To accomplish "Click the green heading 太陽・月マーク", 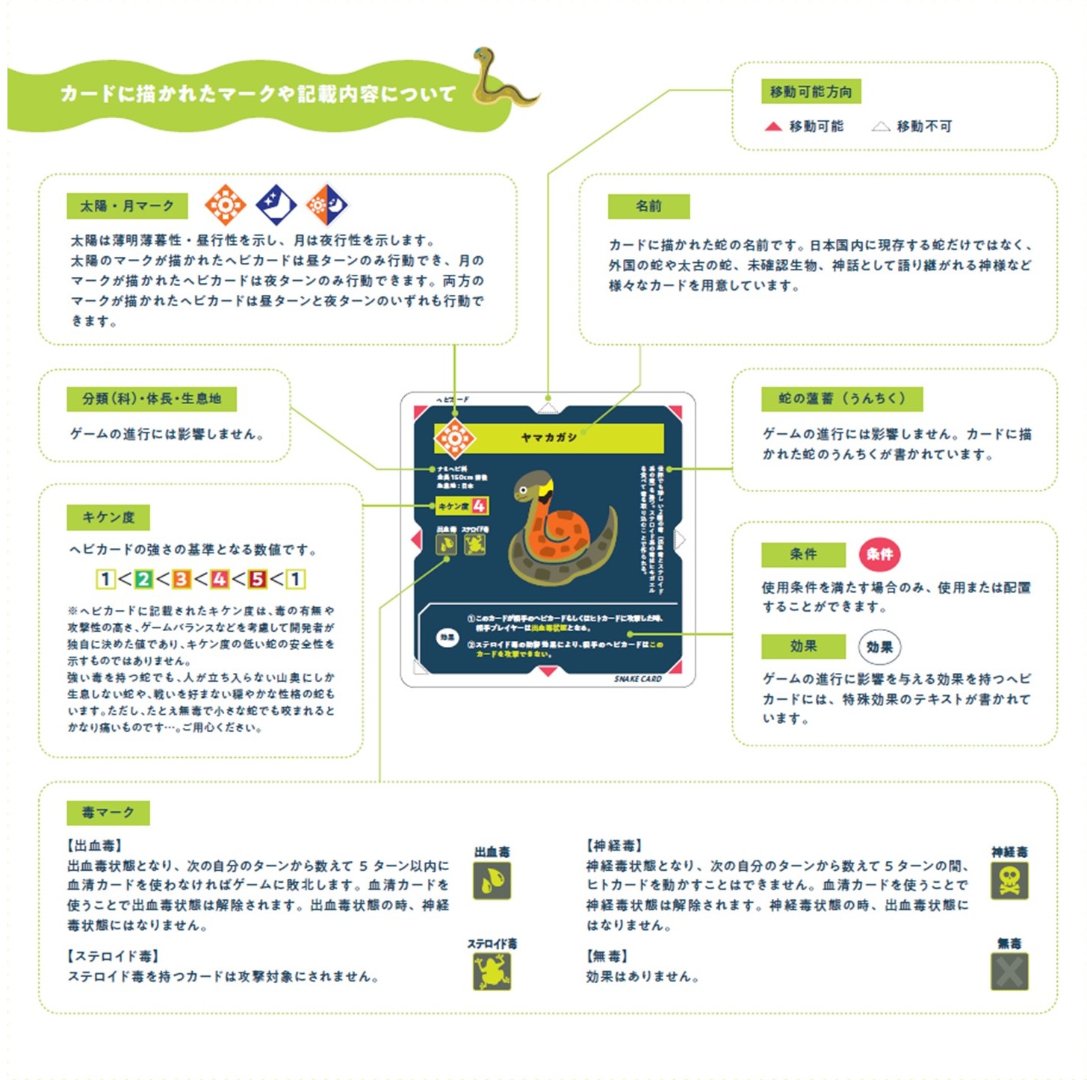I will [x=127, y=205].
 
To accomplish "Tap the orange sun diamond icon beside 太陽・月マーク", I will [x=225, y=204].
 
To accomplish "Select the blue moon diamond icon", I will [x=276, y=204].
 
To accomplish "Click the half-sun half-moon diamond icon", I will [x=327, y=204].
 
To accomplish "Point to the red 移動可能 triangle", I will [x=773, y=126].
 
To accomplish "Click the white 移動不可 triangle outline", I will [x=881, y=126].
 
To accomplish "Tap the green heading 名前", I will [x=648, y=206].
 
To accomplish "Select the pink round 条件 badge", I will [x=879, y=554].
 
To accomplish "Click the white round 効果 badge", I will [x=879, y=647].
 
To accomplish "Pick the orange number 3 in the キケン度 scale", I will [x=181, y=579].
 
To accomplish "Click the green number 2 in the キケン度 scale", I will [x=143, y=579].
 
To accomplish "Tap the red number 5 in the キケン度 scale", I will [x=258, y=579].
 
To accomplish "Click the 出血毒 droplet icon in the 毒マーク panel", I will [x=492, y=881].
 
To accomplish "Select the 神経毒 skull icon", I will [x=1009, y=881].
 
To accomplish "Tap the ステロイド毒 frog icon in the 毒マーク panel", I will [x=492, y=972].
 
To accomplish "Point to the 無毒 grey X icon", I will [x=1009, y=972].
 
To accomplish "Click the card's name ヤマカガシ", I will [x=549, y=437].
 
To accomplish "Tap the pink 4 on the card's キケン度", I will [x=479, y=506].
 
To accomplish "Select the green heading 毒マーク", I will [x=108, y=813].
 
